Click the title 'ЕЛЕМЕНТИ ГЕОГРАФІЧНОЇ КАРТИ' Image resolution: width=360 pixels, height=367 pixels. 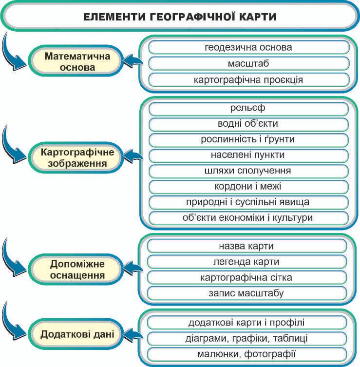[x=180, y=17]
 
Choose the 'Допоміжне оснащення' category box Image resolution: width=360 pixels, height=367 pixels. [x=77, y=269]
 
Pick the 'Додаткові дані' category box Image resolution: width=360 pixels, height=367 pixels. [x=77, y=335]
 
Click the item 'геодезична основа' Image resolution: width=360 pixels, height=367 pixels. [x=248, y=47]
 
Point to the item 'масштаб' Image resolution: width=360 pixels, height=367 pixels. [x=248, y=63]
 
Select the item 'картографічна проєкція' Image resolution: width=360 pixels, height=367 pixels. [x=248, y=79]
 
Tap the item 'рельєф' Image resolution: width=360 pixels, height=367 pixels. [x=248, y=108]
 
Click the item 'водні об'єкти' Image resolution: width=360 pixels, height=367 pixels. [x=248, y=124]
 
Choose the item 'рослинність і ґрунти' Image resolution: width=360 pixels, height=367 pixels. [x=248, y=139]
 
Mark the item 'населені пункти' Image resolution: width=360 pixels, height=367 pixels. [x=248, y=155]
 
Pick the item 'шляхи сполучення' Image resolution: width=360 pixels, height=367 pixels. [x=248, y=171]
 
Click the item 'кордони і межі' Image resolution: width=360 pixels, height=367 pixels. [x=248, y=186]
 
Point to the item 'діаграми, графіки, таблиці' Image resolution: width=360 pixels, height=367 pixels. [x=247, y=338]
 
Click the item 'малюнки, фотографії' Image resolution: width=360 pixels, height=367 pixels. [x=247, y=354]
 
